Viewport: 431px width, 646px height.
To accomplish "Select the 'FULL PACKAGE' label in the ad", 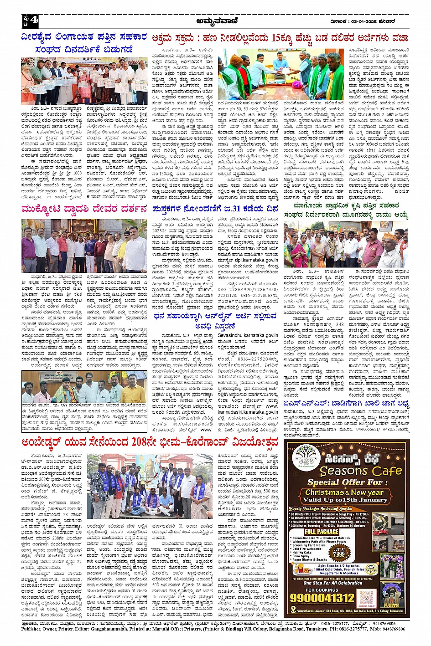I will click(x=322, y=532).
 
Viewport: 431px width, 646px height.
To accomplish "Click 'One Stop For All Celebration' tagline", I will click(x=332, y=583).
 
